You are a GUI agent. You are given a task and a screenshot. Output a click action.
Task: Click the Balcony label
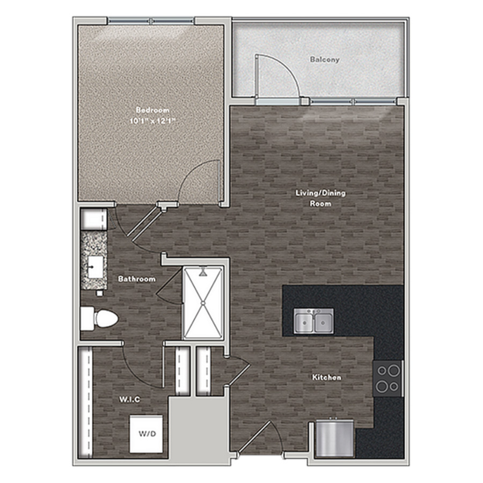click(x=325, y=59)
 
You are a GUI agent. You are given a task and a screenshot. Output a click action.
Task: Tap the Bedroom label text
click(x=152, y=110)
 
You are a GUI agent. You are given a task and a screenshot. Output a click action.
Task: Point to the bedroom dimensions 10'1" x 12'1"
click(x=152, y=121)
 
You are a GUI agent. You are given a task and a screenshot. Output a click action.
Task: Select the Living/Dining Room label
click(x=320, y=198)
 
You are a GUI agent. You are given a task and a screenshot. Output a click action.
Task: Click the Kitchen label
click(x=326, y=377)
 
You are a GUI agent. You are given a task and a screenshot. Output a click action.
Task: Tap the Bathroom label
click(x=137, y=279)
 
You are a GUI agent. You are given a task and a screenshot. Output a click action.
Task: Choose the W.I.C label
click(x=130, y=399)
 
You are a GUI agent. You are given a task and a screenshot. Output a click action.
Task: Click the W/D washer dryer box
click(x=146, y=434)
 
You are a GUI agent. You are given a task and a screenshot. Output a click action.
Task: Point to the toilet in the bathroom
click(x=99, y=318)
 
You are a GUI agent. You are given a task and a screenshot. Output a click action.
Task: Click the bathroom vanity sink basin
click(x=95, y=267)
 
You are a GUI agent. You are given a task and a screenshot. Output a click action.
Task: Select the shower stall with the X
click(x=203, y=303)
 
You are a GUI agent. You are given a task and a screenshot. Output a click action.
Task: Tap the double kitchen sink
click(x=313, y=321)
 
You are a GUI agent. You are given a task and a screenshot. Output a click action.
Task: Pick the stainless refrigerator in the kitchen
click(x=334, y=438)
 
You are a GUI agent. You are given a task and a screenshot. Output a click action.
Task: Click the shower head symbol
click(x=203, y=272)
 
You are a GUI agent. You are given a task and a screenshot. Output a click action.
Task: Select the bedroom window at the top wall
click(x=151, y=21)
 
